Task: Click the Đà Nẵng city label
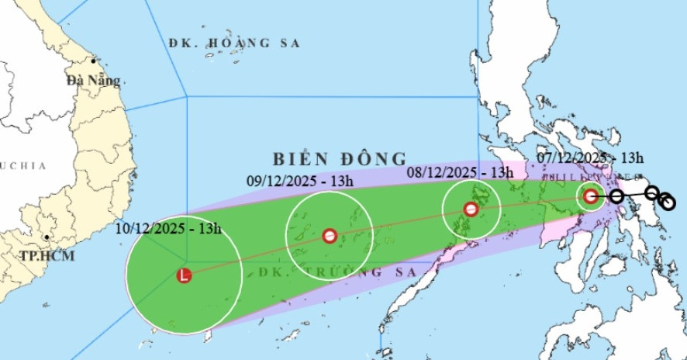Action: tap(94, 80)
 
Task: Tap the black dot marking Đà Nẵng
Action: tap(93, 61)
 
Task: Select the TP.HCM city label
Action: tap(47, 255)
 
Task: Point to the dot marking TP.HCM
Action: tap(47, 237)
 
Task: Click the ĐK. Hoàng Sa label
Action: tap(234, 43)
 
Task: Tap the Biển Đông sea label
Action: tap(340, 159)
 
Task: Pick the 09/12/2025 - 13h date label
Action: tap(301, 182)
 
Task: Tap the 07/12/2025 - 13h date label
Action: tap(591, 157)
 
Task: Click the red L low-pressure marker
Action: tap(184, 275)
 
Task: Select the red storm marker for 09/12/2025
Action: tap(330, 236)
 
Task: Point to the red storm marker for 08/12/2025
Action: tap(471, 209)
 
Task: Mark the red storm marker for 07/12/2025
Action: tap(591, 196)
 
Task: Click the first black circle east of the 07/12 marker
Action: tap(616, 196)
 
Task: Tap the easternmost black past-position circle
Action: tap(668, 203)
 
